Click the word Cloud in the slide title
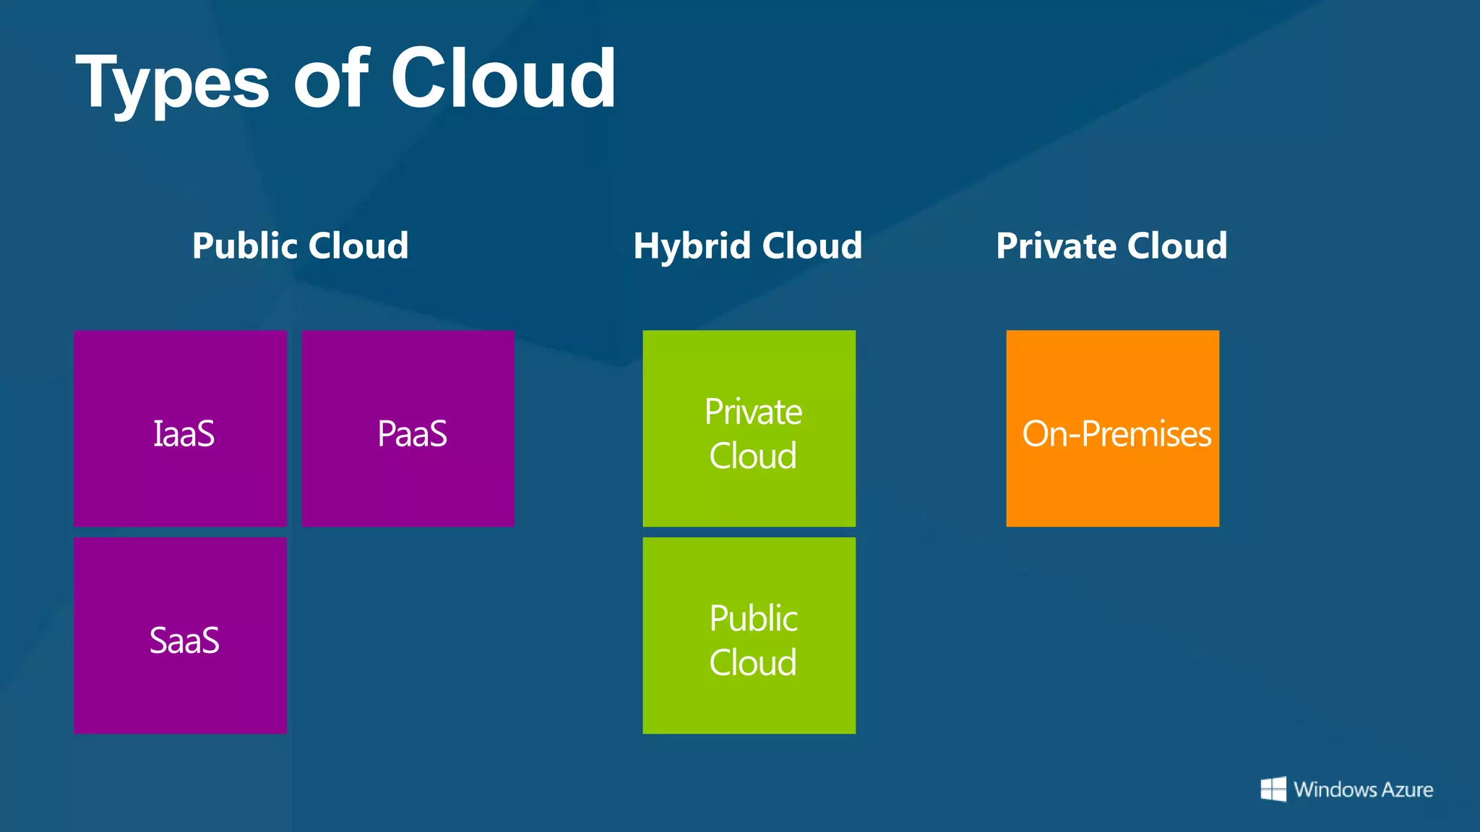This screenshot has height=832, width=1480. (503, 78)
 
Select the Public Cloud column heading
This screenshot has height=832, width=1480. (300, 246)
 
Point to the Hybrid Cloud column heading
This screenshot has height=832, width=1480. (748, 246)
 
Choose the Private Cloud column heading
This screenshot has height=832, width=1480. (1111, 246)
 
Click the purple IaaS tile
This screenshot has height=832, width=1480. (181, 428)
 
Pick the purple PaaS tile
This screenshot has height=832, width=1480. (408, 428)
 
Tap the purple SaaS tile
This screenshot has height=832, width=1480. (181, 636)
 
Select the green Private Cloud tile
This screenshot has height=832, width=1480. (749, 428)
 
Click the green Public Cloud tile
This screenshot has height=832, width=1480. (749, 636)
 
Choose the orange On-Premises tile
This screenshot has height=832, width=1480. (1113, 428)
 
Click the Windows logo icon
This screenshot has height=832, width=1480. (1273, 789)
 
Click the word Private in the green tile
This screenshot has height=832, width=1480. (753, 412)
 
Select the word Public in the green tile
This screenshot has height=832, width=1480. (753, 618)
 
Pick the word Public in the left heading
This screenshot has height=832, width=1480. (245, 246)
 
